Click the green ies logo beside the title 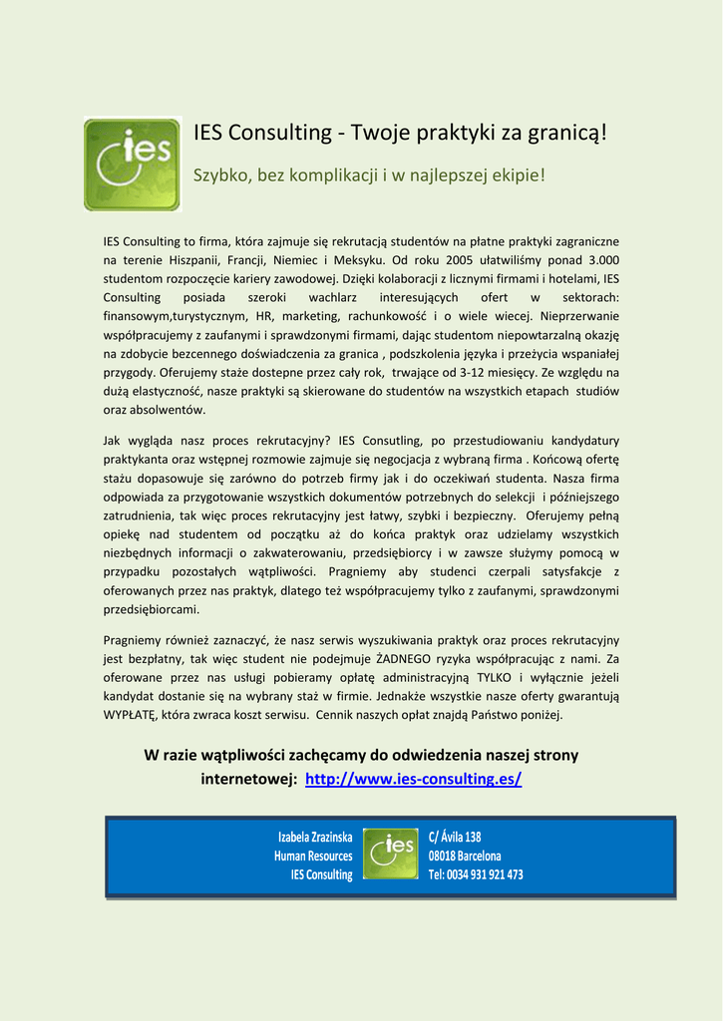click(x=132, y=165)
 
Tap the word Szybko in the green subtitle click(x=221, y=175)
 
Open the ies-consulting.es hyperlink click(x=413, y=778)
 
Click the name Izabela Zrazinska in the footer click(x=315, y=837)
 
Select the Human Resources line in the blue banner click(x=313, y=855)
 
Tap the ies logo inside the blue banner click(x=390, y=853)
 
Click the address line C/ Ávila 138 click(x=455, y=837)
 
